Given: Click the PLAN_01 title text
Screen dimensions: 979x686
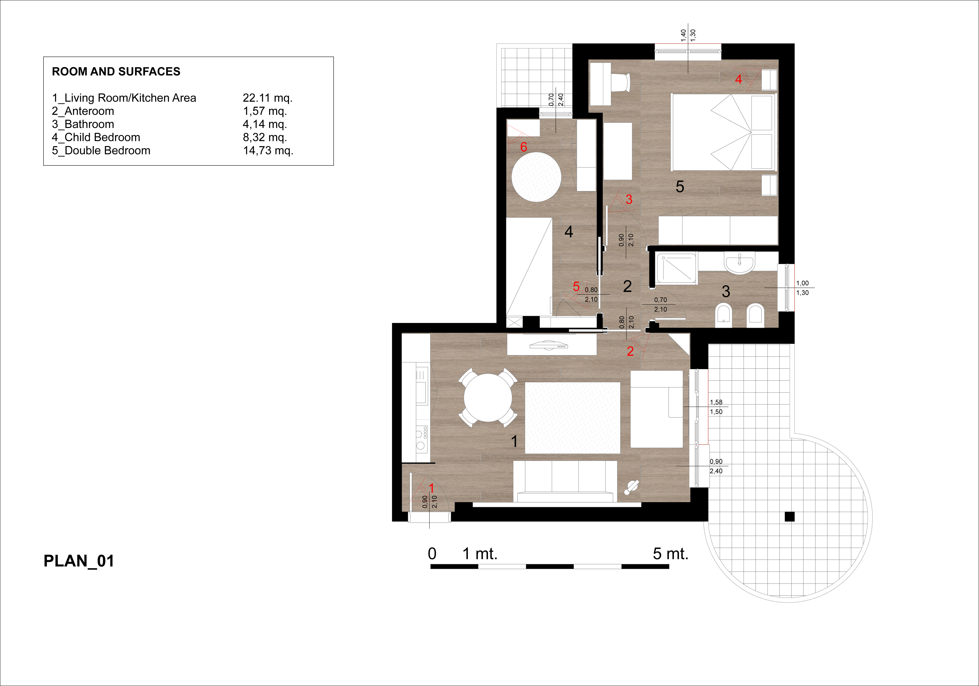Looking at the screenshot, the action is coord(79,561).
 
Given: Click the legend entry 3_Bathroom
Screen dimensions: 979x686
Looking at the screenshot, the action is coord(83,124).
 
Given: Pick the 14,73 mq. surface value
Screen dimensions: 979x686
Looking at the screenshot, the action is coord(268,151).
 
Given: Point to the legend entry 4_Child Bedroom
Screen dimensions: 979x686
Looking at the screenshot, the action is coord(96,137).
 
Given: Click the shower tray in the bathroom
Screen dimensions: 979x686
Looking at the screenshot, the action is coord(677,269).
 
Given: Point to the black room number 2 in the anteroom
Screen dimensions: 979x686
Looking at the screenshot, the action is coord(627,286).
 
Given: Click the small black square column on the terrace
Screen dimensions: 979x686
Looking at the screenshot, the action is coord(790,517).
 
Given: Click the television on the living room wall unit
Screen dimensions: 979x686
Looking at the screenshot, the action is coord(549,345).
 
